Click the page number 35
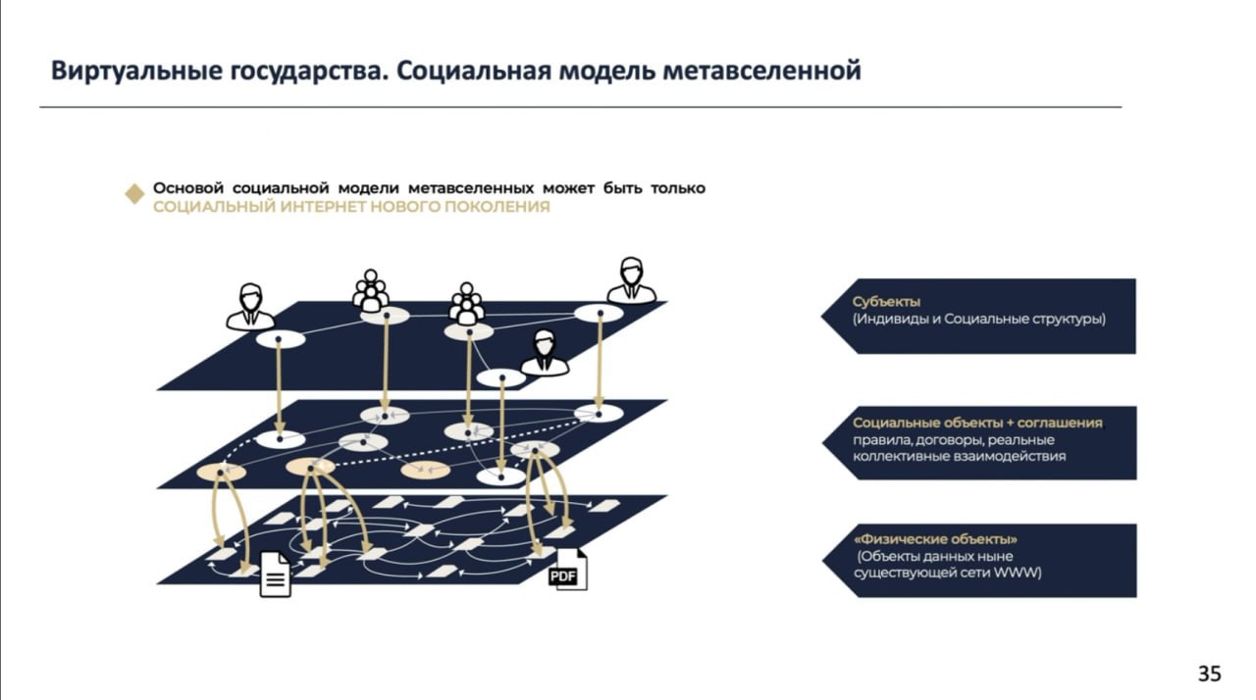(1209, 674)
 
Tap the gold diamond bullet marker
(134, 194)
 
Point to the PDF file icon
(568, 569)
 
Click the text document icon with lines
(276, 575)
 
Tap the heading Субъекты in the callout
(886, 302)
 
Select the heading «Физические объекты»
(935, 539)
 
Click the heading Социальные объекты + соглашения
(977, 423)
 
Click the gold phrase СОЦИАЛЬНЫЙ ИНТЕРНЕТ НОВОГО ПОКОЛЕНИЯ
(351, 207)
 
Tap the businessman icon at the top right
(631, 280)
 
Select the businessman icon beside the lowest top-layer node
(544, 352)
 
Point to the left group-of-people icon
(371, 290)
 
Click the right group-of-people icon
(466, 304)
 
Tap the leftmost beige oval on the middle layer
(221, 473)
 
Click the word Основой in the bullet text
(188, 188)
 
